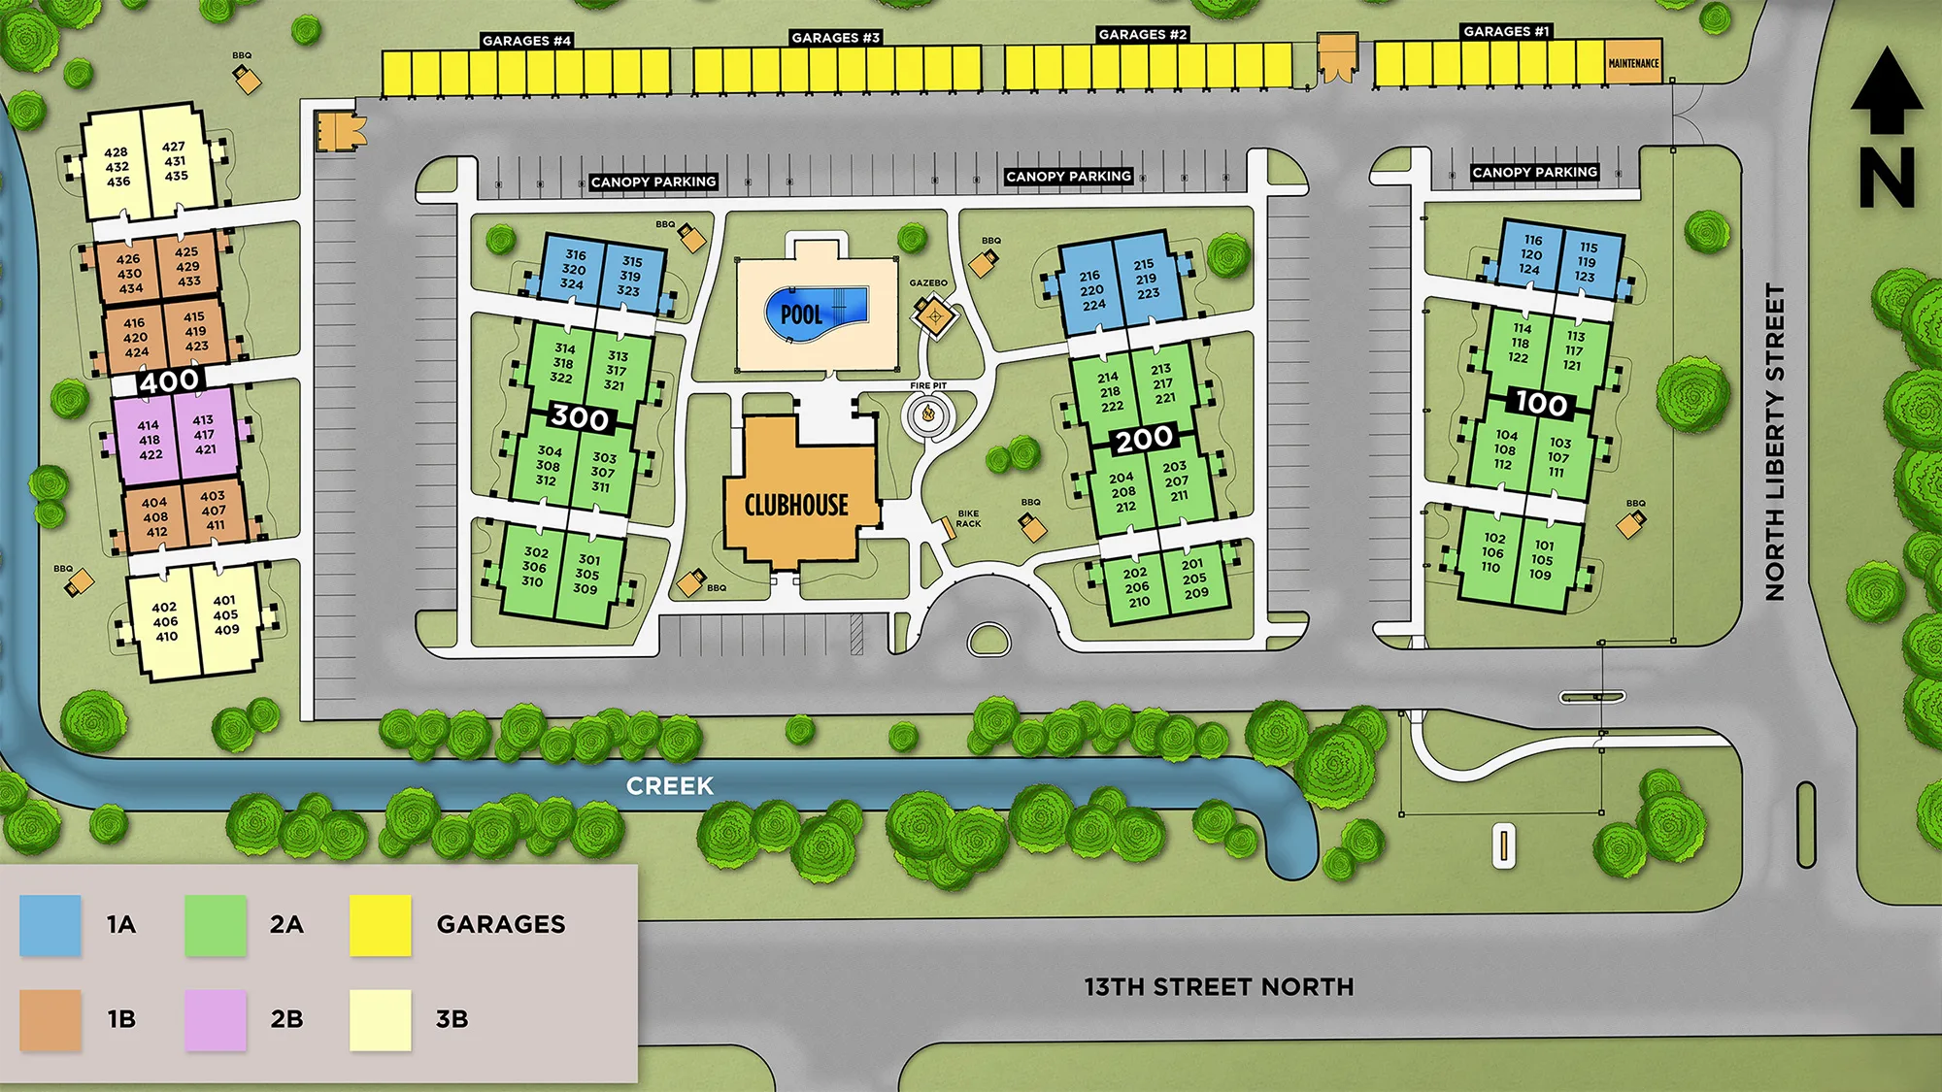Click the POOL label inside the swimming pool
(x=802, y=314)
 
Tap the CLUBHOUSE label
(x=796, y=505)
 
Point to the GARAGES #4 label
(x=526, y=41)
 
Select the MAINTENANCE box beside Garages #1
(x=1633, y=63)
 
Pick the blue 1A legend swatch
(x=50, y=925)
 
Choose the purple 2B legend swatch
(x=216, y=1019)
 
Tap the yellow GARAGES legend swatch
(x=381, y=925)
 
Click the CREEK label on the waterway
(x=670, y=786)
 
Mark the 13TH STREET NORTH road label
(x=1219, y=987)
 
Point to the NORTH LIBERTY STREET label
(x=1775, y=442)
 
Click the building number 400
(x=169, y=381)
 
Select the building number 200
(x=1145, y=439)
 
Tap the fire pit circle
(x=928, y=415)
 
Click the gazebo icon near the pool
(x=934, y=314)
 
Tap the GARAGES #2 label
(x=1143, y=35)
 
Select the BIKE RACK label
(x=968, y=518)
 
